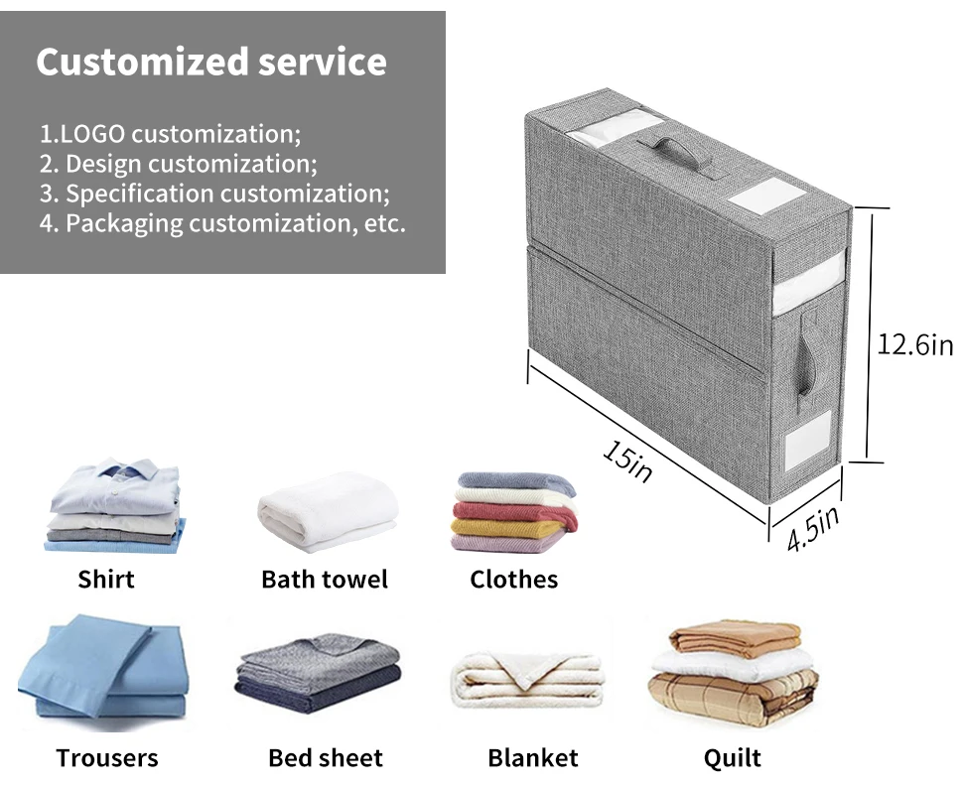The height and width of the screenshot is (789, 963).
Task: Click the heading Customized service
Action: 211,62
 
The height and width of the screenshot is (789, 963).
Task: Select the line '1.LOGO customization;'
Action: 170,133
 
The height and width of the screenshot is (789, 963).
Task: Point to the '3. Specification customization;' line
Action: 214,193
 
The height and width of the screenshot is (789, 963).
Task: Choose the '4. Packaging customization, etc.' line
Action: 222,222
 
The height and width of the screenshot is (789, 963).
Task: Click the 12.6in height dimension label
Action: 914,344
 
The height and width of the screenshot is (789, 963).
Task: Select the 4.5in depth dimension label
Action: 813,528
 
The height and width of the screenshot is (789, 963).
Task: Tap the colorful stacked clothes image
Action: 513,510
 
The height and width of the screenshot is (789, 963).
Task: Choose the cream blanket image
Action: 527,679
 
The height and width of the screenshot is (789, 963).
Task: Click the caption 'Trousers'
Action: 107,758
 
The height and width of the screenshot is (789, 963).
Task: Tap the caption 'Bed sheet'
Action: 326,758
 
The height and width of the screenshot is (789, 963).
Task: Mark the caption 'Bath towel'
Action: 325,579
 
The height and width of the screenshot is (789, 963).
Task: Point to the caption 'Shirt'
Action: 106,579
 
